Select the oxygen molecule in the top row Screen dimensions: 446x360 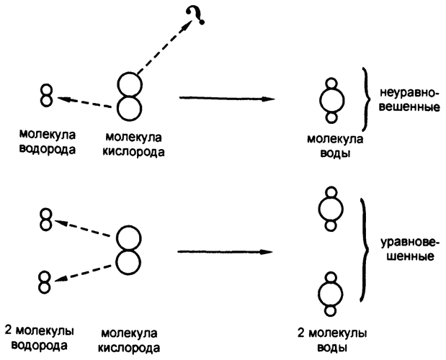[x=129, y=94]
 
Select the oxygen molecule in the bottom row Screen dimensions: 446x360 [x=129, y=251]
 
